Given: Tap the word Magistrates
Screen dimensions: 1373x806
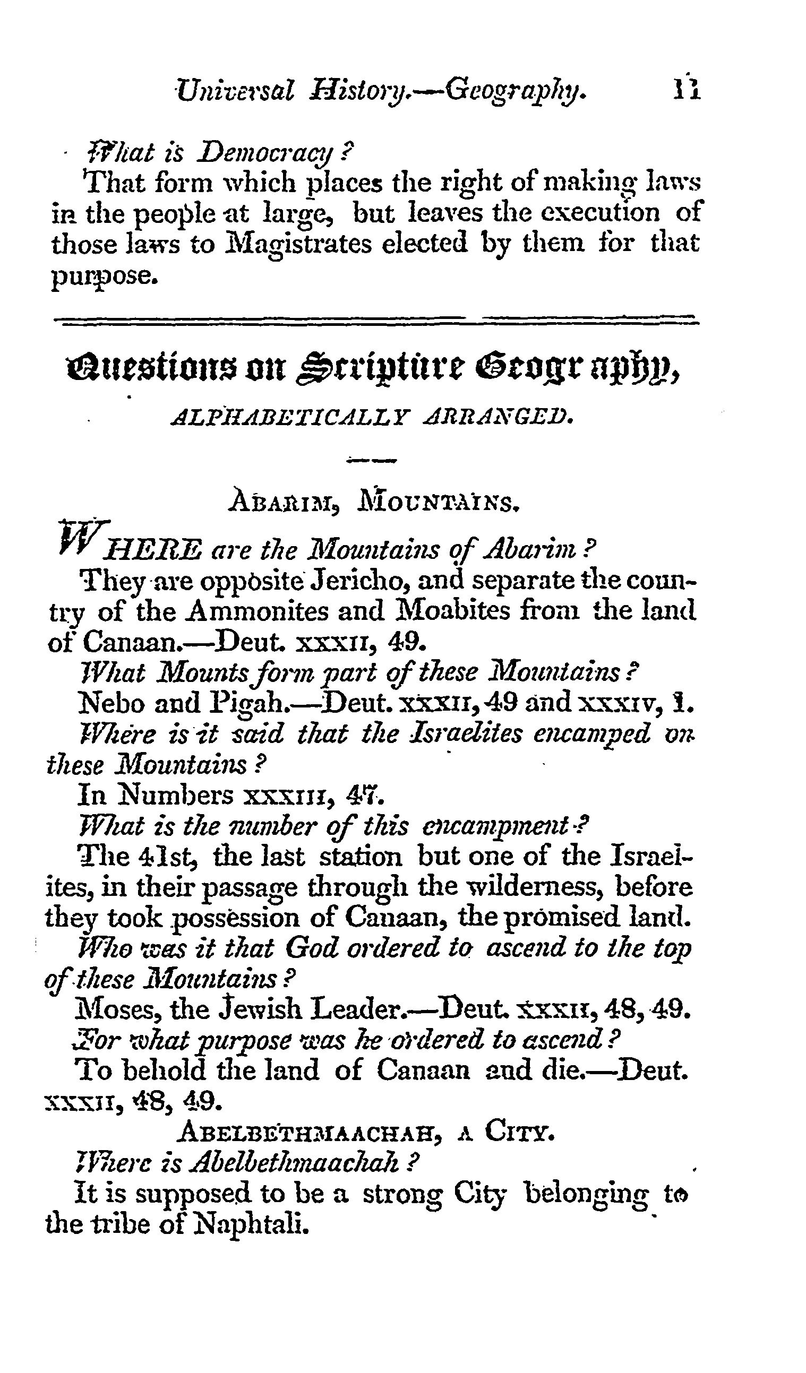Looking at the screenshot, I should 298,244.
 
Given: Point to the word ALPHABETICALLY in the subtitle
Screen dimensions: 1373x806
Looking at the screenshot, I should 289,418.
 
